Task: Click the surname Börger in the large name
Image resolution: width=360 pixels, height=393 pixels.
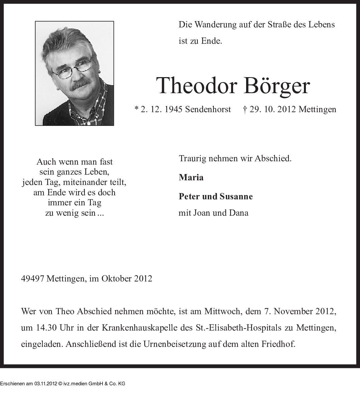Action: (x=277, y=86)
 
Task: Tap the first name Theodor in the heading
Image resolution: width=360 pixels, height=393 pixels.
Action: (x=196, y=86)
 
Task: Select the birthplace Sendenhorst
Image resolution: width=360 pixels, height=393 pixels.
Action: (x=208, y=110)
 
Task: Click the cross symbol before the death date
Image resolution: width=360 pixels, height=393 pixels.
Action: (x=245, y=109)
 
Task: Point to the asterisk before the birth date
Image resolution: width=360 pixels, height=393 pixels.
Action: (x=136, y=109)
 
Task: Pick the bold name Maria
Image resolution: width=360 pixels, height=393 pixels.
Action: (x=191, y=177)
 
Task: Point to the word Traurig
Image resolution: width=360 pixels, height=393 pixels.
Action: (x=192, y=159)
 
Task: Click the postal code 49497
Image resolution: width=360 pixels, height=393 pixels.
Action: (x=32, y=278)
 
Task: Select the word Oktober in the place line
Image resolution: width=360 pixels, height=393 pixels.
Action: (x=117, y=278)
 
